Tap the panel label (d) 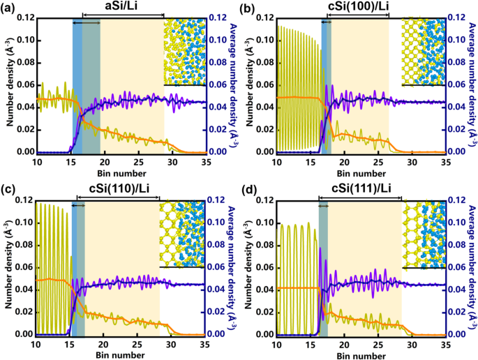coord(249,190)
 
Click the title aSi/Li coord(123,6)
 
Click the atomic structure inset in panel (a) coord(184,50)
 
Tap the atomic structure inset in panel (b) coord(423,50)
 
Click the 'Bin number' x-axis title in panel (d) coord(361,354)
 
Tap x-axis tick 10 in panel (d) coord(276,344)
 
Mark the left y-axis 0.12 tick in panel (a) coord(25,16)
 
